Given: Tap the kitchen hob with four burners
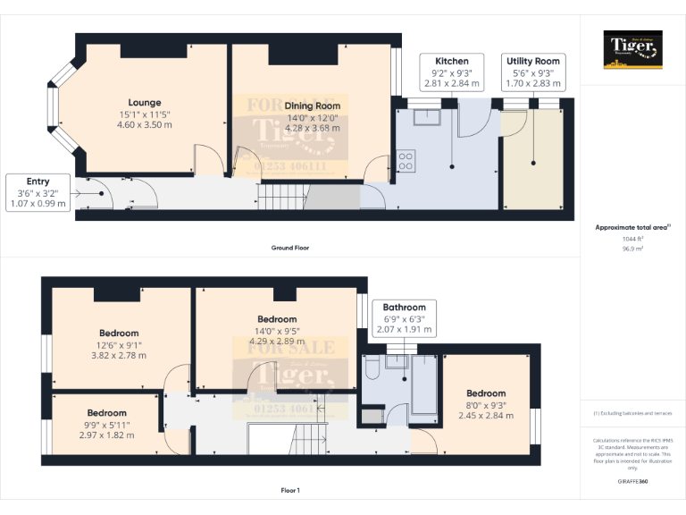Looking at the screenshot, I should (x=405, y=162).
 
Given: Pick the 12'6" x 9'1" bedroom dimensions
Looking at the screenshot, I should (x=119, y=350).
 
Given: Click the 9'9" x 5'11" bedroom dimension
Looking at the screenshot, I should (x=106, y=430).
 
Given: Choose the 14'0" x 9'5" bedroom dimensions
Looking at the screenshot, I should (x=277, y=335).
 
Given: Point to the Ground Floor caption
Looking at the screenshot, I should (x=290, y=248).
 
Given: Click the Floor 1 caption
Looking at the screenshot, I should (x=290, y=490).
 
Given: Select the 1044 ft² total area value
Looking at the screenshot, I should (x=632, y=239).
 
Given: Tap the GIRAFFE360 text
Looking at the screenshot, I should (x=632, y=481).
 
